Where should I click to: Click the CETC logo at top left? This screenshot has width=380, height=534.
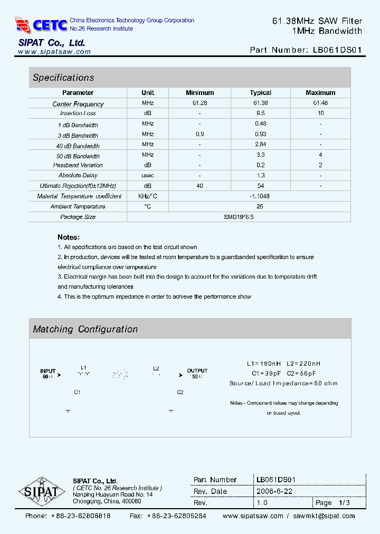pyautogui.click(x=41, y=24)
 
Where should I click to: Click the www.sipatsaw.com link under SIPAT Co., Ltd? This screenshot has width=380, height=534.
pyautogui.click(x=54, y=52)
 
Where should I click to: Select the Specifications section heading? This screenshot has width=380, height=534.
pyautogui.click(x=63, y=78)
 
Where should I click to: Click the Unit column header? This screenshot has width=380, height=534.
pyautogui.click(x=148, y=93)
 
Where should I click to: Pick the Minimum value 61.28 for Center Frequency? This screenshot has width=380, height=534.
pyautogui.click(x=200, y=103)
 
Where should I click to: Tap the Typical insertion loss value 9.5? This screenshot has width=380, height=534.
pyautogui.click(x=260, y=113)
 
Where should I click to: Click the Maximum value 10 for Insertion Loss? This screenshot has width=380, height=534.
pyautogui.click(x=320, y=113)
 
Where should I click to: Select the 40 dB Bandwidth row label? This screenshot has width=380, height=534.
pyautogui.click(x=78, y=146)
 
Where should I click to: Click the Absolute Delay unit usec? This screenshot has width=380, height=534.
pyautogui.click(x=148, y=175)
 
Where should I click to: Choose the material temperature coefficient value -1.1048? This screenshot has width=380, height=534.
pyautogui.click(x=260, y=196)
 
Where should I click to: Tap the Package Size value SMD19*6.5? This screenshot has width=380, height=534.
pyautogui.click(x=239, y=217)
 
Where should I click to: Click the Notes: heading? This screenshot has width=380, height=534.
pyautogui.click(x=69, y=237)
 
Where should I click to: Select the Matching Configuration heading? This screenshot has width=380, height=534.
pyautogui.click(x=85, y=329)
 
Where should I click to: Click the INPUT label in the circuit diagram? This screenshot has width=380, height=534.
pyautogui.click(x=48, y=371)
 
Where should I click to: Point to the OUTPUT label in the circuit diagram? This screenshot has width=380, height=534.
pyautogui.click(x=197, y=371)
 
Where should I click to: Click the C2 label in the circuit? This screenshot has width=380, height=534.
pyautogui.click(x=180, y=393)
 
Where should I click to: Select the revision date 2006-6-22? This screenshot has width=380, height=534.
pyautogui.click(x=274, y=491)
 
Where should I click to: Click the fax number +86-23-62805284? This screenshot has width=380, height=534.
pyautogui.click(x=176, y=516)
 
